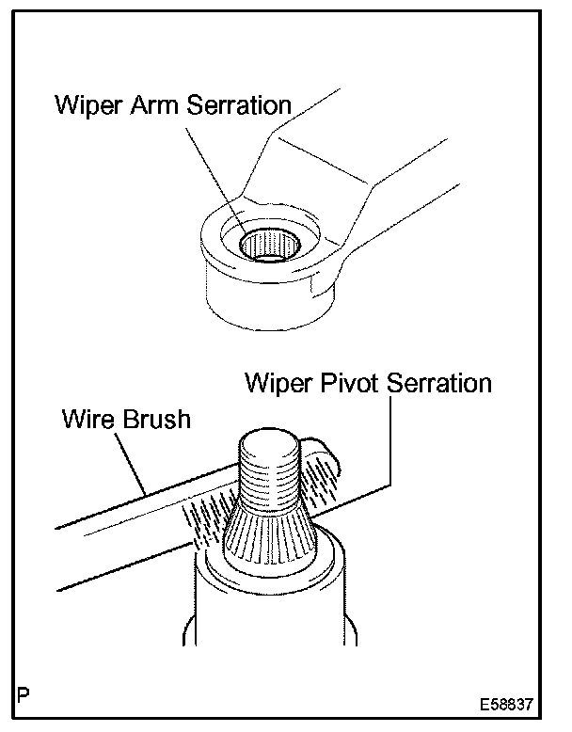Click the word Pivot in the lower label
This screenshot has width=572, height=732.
(x=338, y=384)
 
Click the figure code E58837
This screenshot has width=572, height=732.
(x=509, y=705)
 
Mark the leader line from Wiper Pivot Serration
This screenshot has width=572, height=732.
(x=390, y=442)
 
